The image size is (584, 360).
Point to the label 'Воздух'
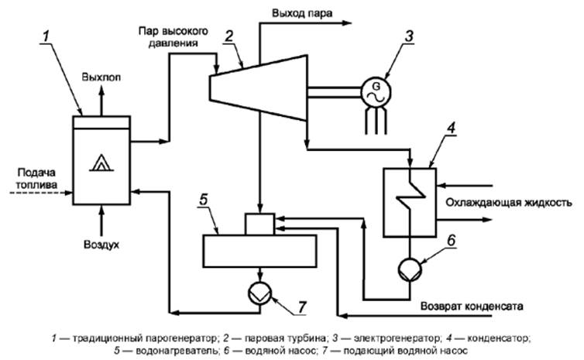point(101,245)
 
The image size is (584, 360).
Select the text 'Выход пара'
point(304,12)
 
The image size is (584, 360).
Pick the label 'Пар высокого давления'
point(171,37)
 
